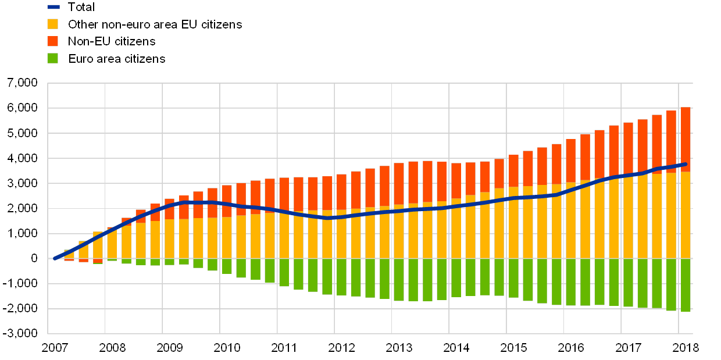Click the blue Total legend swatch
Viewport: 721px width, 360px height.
pyautogui.click(x=53, y=7)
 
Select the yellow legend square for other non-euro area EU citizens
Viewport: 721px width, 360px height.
pyautogui.click(x=53, y=24)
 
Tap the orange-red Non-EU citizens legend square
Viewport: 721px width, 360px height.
pyautogui.click(x=53, y=41)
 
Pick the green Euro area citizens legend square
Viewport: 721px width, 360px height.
pyautogui.click(x=53, y=59)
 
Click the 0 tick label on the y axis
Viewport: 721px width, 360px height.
pyautogui.click(x=34, y=259)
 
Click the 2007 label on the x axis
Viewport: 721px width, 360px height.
pyautogui.click(x=56, y=348)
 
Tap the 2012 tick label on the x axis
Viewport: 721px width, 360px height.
pyautogui.click(x=341, y=348)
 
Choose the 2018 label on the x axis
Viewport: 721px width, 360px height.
pyautogui.click(x=686, y=348)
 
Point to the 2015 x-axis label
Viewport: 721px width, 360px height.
pyautogui.click(x=513, y=348)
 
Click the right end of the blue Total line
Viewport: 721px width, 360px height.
pyautogui.click(x=686, y=164)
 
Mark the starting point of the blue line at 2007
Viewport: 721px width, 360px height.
pyautogui.click(x=54, y=258)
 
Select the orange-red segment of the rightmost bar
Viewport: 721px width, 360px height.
pyautogui.click(x=686, y=140)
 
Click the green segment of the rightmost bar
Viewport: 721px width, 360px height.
pyautogui.click(x=686, y=285)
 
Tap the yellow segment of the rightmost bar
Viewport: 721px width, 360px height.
pyautogui.click(x=686, y=215)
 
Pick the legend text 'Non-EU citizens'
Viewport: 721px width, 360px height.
pyautogui.click(x=112, y=41)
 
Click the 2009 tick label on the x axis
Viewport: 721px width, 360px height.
pyautogui.click(x=169, y=348)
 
